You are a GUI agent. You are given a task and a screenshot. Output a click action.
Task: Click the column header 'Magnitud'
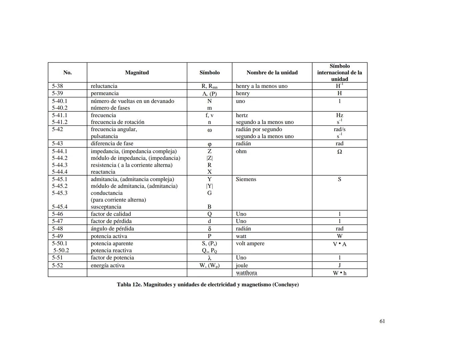137,73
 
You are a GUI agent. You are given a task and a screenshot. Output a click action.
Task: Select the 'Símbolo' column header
209,73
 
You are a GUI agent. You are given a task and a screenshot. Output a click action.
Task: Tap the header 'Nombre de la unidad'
272,73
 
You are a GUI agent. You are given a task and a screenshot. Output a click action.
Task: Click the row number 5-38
57,86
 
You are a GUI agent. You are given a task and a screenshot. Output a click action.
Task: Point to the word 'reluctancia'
104,86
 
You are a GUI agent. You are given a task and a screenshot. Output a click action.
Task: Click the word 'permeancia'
105,93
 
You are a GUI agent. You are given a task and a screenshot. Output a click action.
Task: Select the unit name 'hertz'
242,115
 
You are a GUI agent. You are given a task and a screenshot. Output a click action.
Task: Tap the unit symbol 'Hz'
340,115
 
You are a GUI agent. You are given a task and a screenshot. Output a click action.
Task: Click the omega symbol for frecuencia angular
209,130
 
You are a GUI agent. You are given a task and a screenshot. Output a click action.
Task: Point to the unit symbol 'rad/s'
340,129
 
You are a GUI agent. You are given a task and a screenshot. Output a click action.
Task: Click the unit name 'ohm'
241,151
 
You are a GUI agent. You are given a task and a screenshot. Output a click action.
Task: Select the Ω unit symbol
340,152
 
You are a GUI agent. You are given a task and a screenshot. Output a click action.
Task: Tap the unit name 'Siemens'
246,179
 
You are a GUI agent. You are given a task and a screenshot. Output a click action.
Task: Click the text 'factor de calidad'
111,214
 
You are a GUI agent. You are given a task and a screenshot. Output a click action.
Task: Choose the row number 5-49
57,236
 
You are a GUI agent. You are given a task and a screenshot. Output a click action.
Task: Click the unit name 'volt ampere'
250,243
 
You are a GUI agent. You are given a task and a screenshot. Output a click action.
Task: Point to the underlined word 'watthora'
247,273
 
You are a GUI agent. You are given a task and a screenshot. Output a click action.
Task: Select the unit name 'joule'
242,266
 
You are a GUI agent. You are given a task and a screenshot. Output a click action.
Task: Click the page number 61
382,321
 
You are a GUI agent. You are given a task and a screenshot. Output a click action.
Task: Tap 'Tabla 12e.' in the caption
129,285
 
